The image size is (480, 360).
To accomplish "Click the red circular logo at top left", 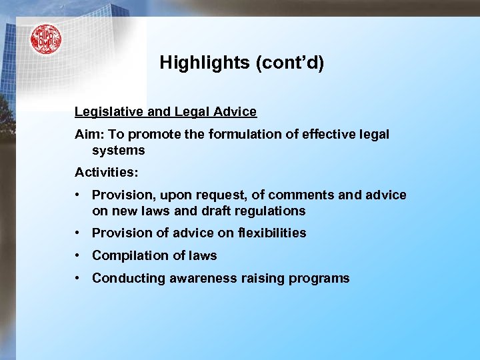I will pyautogui.click(x=45, y=39).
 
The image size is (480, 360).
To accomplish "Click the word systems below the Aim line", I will pyautogui.click(x=118, y=151).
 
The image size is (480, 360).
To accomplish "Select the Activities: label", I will pyautogui.click(x=107, y=173).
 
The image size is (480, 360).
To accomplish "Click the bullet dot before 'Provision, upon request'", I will pyautogui.click(x=79, y=195).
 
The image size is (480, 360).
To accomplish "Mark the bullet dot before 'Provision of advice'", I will pyautogui.click(x=79, y=233).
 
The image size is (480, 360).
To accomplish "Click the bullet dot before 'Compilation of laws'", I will pyautogui.click(x=79, y=255).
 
